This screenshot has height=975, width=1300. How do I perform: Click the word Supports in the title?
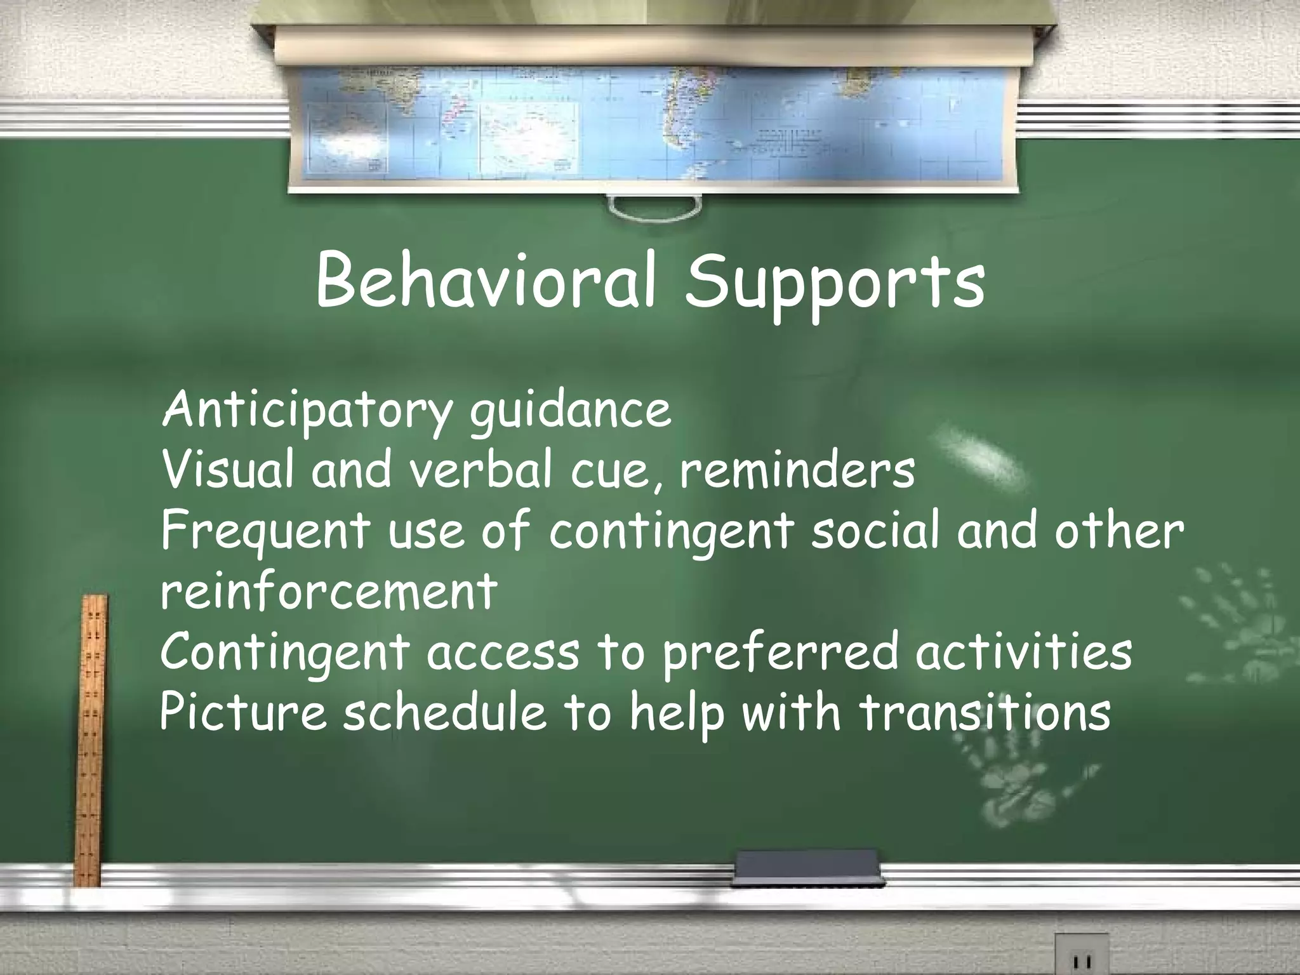click(835, 286)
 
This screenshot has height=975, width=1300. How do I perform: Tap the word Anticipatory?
click(305, 412)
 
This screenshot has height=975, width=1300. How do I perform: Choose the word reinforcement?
click(328, 591)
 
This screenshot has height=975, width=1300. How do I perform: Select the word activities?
click(1023, 652)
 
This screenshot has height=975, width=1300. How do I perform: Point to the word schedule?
click(444, 711)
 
